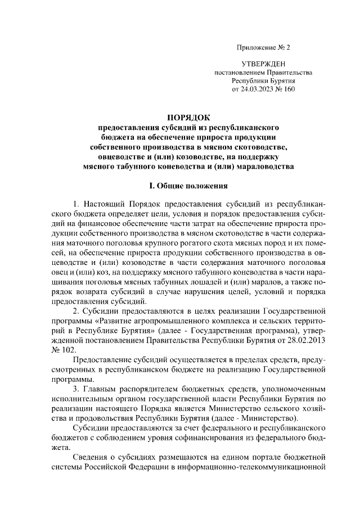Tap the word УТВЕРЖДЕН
pyautogui.click(x=263, y=65)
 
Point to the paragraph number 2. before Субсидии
pyautogui.click(x=76, y=310)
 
